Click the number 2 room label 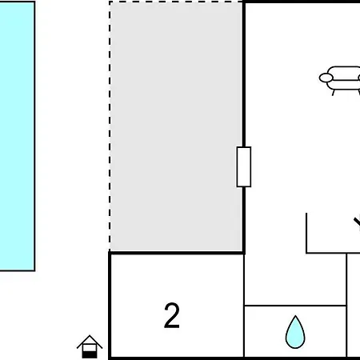tap(172, 315)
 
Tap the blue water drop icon tap(295, 332)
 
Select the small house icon tap(90, 346)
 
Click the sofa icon tap(340, 81)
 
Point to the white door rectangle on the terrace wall tap(244, 166)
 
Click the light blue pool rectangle tap(18, 136)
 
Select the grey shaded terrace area tap(176, 126)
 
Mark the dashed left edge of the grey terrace tap(110, 126)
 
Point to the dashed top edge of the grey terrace tap(176, 2)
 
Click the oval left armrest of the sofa tap(326, 78)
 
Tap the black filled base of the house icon tap(90, 354)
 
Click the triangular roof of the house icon tap(90, 342)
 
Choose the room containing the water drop tap(295, 331)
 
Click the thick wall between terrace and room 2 tap(177, 253)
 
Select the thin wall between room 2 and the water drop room tap(244, 306)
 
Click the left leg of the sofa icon tap(334, 93)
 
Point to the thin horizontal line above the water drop tap(295, 306)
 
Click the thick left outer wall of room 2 tap(110, 306)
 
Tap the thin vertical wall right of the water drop tap(346, 306)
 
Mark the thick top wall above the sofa tap(302, 2)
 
